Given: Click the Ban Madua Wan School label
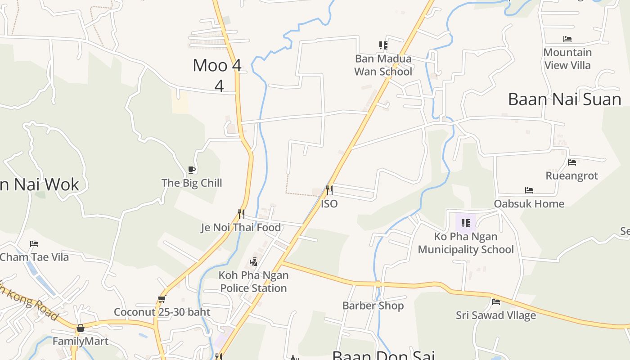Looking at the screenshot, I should tap(383, 65).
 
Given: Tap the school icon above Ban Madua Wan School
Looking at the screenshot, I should tap(383, 45).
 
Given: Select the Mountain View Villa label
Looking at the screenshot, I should tap(567, 59).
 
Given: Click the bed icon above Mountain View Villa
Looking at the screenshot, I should tap(567, 39).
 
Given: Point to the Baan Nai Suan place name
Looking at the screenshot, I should tap(564, 99).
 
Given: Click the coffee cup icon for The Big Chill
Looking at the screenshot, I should tap(192, 170).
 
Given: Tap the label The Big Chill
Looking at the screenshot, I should tap(192, 183).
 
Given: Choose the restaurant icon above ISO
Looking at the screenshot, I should tap(329, 190).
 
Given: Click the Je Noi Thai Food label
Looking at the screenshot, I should tap(241, 228).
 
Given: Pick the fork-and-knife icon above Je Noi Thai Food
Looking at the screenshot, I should tap(241, 214).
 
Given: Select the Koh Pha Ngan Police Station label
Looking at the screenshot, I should tap(254, 282).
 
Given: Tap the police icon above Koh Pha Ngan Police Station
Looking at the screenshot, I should tap(254, 261).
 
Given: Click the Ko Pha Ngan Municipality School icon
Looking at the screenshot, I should tap(466, 223).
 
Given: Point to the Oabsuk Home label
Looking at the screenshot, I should tap(529, 204).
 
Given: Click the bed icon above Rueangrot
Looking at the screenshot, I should tap(572, 162).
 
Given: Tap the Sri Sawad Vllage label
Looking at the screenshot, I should tap(496, 315).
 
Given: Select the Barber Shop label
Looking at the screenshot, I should tap(373, 306).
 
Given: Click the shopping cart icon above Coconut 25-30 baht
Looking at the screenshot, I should tap(162, 299).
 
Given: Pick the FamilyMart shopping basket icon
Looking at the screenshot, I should tap(81, 328).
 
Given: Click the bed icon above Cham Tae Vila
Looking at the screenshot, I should tap(34, 244).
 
